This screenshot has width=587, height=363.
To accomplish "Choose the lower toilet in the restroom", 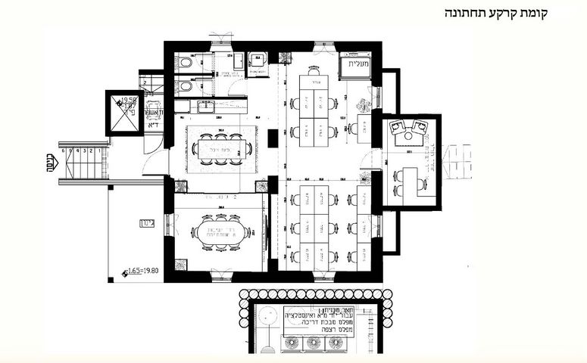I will (x=187, y=86).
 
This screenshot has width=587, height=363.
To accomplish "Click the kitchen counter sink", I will (x=205, y=107).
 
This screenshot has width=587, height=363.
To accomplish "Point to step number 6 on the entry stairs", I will (x=67, y=150).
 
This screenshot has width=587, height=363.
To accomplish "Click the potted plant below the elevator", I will (x=366, y=104).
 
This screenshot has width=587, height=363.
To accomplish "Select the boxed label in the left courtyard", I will (x=147, y=224).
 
